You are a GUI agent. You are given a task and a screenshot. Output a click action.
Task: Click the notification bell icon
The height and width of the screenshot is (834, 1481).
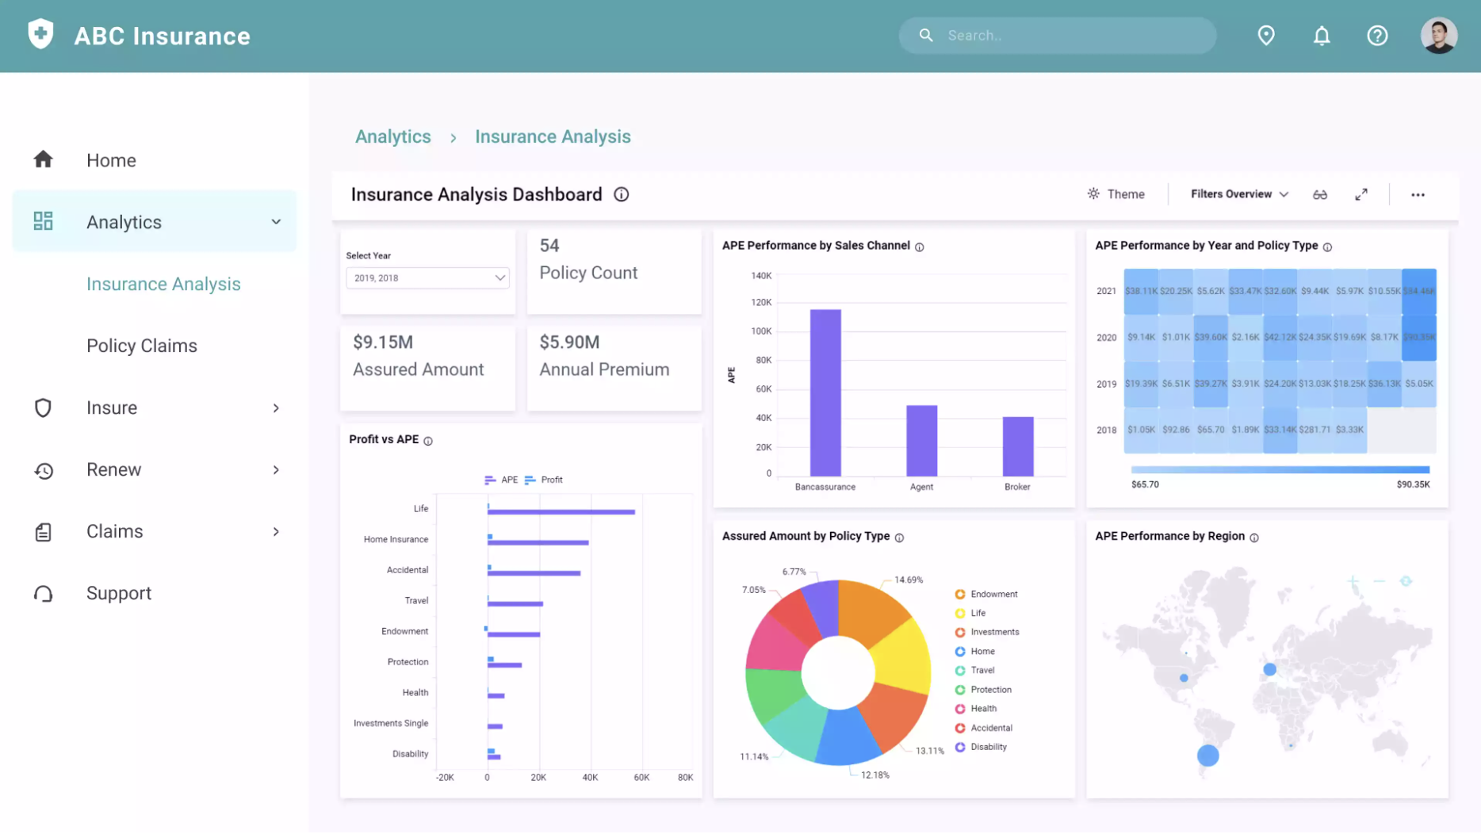pyautogui.click(x=1322, y=36)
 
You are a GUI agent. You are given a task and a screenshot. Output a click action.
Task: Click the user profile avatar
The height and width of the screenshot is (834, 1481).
pyautogui.click(x=1438, y=36)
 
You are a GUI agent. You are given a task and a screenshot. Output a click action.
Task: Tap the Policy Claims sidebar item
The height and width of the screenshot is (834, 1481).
pyautogui.click(x=142, y=346)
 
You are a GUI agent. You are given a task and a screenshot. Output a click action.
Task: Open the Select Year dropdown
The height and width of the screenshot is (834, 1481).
pyautogui.click(x=427, y=278)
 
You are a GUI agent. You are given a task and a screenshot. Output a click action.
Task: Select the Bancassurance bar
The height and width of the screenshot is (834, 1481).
pyautogui.click(x=825, y=392)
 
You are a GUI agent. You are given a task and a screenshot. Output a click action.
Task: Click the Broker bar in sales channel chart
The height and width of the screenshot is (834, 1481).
pyautogui.click(x=1018, y=446)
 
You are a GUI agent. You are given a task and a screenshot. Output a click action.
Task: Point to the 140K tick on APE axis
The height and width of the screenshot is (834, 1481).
pyautogui.click(x=761, y=276)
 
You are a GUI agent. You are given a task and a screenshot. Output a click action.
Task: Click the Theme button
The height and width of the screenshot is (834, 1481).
pyautogui.click(x=1116, y=194)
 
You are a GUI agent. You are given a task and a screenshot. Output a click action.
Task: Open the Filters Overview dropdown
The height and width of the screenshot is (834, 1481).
pyautogui.click(x=1239, y=194)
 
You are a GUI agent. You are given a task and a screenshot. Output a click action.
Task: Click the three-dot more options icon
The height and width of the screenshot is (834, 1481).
pyautogui.click(x=1418, y=195)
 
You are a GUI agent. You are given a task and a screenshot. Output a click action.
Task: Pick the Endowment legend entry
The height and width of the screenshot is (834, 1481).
pyautogui.click(x=993, y=594)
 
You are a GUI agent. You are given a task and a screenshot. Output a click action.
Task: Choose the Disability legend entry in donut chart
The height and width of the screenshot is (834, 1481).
pyautogui.click(x=988, y=747)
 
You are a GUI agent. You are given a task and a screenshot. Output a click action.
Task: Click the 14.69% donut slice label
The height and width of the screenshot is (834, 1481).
pyautogui.click(x=909, y=580)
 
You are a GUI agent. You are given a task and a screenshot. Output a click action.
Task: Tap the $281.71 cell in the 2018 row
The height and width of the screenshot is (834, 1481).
pyautogui.click(x=1315, y=430)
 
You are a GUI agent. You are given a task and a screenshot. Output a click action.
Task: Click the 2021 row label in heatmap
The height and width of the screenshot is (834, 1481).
pyautogui.click(x=1106, y=291)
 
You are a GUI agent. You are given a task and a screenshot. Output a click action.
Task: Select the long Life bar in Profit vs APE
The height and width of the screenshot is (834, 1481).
pyautogui.click(x=561, y=512)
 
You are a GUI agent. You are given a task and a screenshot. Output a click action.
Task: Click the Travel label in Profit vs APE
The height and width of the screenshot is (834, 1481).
pyautogui.click(x=416, y=601)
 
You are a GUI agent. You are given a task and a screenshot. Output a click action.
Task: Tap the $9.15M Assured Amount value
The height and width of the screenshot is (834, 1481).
pyautogui.click(x=383, y=342)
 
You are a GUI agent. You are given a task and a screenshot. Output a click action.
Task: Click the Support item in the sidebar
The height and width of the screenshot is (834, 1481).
pyautogui.click(x=119, y=593)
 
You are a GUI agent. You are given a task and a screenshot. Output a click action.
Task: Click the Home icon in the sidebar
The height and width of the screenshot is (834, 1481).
pyautogui.click(x=44, y=160)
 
